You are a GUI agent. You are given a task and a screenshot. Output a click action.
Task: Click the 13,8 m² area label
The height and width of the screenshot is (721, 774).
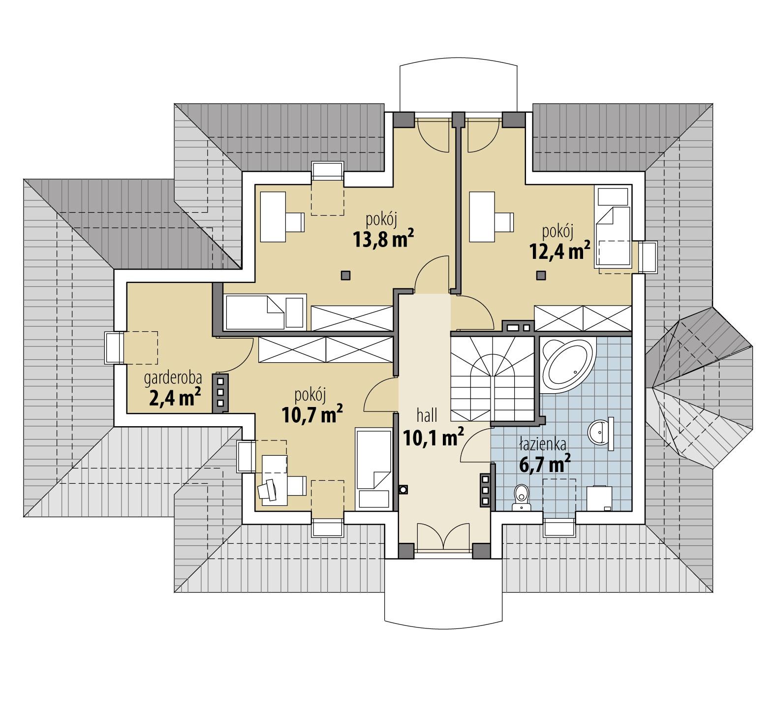382,239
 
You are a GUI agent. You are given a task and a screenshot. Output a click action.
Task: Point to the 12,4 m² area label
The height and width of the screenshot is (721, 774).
559,251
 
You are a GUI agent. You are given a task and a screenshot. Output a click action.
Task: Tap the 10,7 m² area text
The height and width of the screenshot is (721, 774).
312,414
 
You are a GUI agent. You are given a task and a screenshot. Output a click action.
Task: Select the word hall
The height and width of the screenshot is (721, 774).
427,416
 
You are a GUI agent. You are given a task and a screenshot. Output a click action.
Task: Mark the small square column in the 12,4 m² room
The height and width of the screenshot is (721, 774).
541,275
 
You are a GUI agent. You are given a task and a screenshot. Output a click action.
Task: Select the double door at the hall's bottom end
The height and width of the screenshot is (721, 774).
440,537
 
